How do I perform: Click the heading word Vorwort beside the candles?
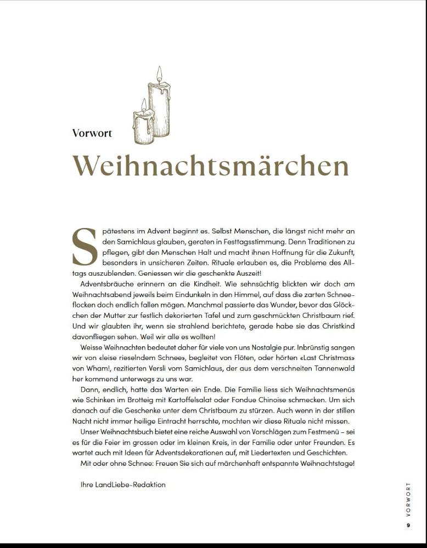click(x=92, y=133)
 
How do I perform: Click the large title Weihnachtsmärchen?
click(x=211, y=165)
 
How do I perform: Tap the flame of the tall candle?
click(x=159, y=73)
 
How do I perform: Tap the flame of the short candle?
click(x=144, y=105)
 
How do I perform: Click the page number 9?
click(x=408, y=526)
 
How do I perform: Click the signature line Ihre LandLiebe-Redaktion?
click(x=123, y=484)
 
